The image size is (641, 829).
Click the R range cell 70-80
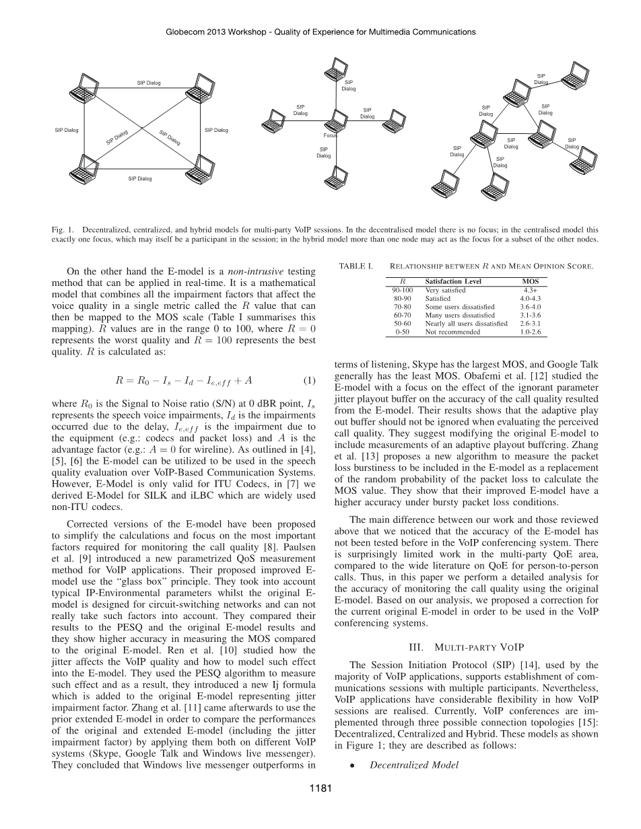tap(402, 306)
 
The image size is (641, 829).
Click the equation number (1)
tap(309, 380)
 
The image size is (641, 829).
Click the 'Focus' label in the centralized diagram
tap(330, 135)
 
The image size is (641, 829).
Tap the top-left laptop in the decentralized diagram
tap(86, 84)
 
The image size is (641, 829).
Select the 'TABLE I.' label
tap(356, 266)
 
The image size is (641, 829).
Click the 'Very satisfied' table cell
tap(445, 290)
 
